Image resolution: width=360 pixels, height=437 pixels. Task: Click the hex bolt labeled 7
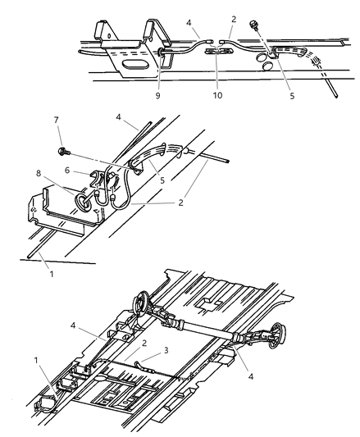pyautogui.click(x=65, y=151)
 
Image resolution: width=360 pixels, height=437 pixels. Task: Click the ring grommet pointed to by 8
pyautogui.click(x=83, y=201)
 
